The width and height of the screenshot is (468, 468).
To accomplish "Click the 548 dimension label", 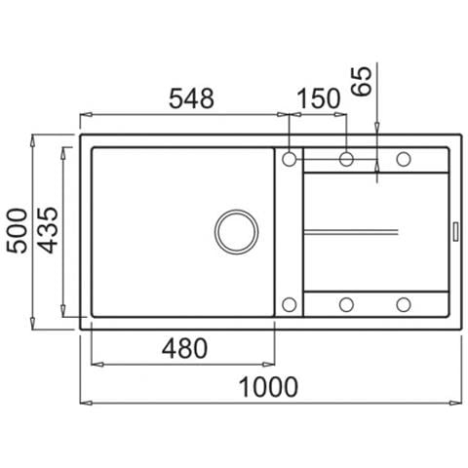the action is (x=191, y=98).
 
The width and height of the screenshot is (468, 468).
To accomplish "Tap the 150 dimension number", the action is (x=319, y=98).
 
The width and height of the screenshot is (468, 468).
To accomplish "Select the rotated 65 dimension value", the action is (x=362, y=81).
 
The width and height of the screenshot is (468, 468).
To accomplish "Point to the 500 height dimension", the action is (x=18, y=231).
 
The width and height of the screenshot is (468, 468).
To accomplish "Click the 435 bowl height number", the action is (x=48, y=230).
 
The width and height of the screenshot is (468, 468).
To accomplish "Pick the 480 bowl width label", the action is (x=184, y=348).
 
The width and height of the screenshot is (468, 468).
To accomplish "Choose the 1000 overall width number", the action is (x=268, y=387).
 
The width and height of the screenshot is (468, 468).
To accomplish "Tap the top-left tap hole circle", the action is (x=289, y=159).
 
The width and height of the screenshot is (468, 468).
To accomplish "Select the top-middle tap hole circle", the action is (x=346, y=159).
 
